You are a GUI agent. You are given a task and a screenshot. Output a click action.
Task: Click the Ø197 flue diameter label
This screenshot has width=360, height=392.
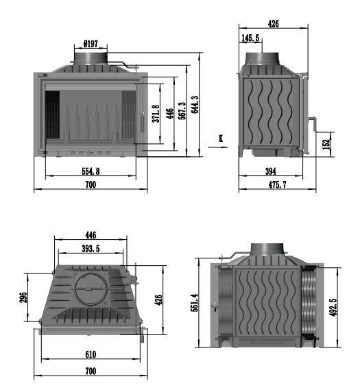click(x=91, y=44)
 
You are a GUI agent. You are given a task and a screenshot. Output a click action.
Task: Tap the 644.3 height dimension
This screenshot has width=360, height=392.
click(x=195, y=104)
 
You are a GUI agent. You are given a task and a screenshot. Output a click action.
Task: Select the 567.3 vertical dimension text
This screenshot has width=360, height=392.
click(x=182, y=110)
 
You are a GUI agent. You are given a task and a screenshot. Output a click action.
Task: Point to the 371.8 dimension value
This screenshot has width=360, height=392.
click(x=156, y=114)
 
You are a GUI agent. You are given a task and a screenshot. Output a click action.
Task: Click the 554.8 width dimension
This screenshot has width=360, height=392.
click(x=91, y=171)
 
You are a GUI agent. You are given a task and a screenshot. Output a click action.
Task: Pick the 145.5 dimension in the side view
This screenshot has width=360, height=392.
click(x=250, y=38)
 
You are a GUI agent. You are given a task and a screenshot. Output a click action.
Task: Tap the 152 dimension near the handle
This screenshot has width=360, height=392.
click(x=326, y=144)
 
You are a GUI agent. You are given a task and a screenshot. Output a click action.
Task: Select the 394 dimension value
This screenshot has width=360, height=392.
click(x=271, y=171)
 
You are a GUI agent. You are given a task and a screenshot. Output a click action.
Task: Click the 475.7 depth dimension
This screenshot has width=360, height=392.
click(x=278, y=185)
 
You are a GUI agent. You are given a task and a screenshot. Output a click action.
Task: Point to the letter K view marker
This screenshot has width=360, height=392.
click(x=221, y=138)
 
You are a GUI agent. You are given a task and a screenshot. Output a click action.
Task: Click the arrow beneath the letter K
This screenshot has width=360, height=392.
click(x=217, y=147)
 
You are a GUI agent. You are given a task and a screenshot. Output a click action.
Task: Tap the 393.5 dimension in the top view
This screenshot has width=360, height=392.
click(x=91, y=249)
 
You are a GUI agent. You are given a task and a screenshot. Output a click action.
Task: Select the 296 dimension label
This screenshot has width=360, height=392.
click(x=23, y=297)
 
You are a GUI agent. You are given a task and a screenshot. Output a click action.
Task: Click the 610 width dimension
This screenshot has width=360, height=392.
click(x=91, y=354)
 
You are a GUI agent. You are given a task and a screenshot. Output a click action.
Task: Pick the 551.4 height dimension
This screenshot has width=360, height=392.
click(x=195, y=302)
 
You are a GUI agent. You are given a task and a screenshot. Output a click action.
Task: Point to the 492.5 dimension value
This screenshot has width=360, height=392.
click(x=333, y=307)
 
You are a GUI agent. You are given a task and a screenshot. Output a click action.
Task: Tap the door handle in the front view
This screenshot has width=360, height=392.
click(x=143, y=123)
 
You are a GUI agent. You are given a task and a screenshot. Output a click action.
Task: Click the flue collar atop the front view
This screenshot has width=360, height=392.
click(x=91, y=58)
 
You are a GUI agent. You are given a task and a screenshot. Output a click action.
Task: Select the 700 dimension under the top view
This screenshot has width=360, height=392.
click(x=91, y=371)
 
